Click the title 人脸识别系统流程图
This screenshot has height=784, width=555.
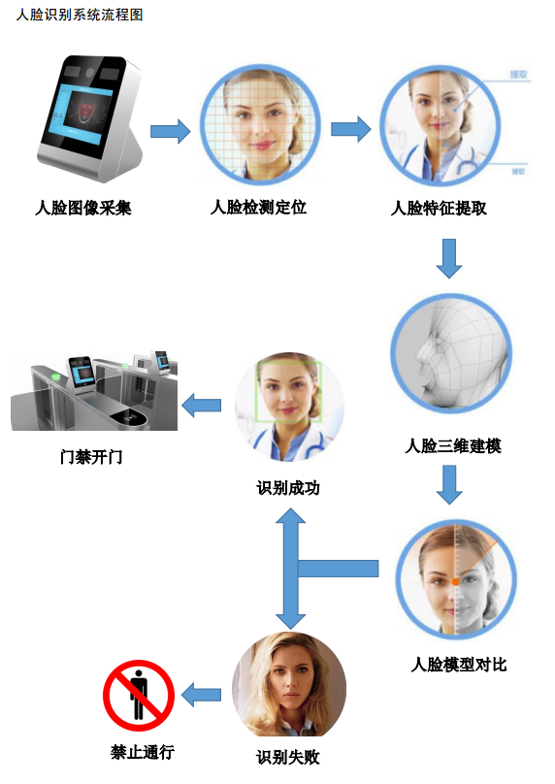coord(80,16)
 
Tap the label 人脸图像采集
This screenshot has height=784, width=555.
coord(83,208)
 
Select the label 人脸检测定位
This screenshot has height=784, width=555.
coord(259,208)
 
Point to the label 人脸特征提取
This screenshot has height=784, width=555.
coord(439,208)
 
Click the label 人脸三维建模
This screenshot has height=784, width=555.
coord(453,446)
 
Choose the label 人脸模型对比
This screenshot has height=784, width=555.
coord(459,665)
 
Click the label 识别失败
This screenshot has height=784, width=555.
coord(288,757)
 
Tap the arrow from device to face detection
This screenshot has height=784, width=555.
coord(171,131)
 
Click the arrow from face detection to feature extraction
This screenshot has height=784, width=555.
coord(350,129)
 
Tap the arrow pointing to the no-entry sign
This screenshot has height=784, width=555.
coord(202,694)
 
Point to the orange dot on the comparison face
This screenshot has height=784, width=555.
coord(455,581)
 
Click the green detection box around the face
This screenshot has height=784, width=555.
coord(288,390)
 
